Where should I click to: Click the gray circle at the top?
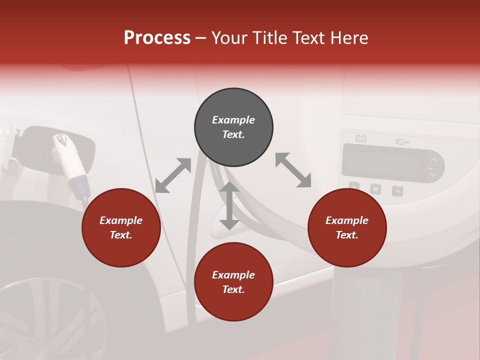click(x=233, y=127)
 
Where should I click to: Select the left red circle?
click(x=121, y=228)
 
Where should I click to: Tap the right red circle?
click(x=347, y=228)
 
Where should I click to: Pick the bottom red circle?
click(x=233, y=282)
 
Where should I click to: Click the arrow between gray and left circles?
click(x=173, y=175)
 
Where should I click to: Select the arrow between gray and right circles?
click(x=293, y=170)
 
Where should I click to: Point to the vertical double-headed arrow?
click(x=229, y=205)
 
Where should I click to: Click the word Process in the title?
click(x=157, y=38)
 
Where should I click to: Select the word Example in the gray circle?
click(x=233, y=120)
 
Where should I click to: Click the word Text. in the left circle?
click(x=121, y=235)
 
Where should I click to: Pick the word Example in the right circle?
click(x=347, y=220)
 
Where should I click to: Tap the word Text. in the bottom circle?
click(x=233, y=289)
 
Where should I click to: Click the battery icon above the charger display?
click(x=360, y=138)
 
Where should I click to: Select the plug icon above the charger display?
click(x=402, y=142)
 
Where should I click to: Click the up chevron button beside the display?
click(x=434, y=159)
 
